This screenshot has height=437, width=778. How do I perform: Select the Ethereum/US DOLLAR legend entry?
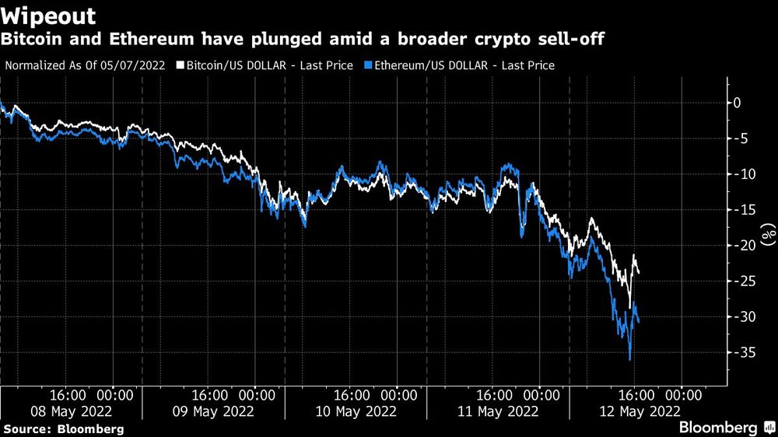[x=464, y=65]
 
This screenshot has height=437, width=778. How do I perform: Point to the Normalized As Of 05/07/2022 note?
[x=85, y=65]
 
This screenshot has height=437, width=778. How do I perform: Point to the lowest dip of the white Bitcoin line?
[x=629, y=308]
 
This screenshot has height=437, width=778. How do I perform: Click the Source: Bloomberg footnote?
[x=64, y=428]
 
